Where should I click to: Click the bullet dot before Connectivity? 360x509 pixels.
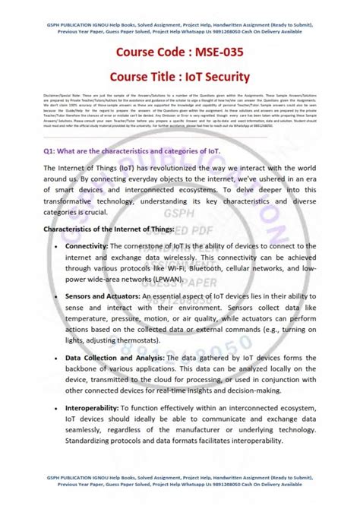(x=54, y=247)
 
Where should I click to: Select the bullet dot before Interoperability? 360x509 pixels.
(x=54, y=409)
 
